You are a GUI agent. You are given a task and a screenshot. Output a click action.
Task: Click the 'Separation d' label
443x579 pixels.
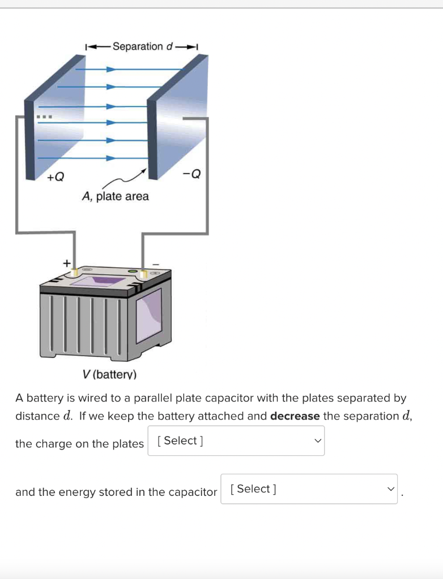pos(142,46)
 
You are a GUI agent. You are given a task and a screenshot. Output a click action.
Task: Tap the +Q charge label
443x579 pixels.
pos(56,177)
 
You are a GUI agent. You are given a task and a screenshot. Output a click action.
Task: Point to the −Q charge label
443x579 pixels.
pos(192,174)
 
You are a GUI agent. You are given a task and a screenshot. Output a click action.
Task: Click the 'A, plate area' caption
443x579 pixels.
pos(116,197)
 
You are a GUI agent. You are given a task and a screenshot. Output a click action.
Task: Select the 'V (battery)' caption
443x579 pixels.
pos(109,374)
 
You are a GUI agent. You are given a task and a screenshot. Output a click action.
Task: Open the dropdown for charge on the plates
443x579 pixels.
pos(236,441)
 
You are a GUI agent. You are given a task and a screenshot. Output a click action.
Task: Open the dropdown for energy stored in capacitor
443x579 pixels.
pos(309,489)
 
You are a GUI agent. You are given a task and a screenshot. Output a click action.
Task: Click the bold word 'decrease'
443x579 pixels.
pos(295,416)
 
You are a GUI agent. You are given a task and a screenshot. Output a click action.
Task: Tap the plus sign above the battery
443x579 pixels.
pos(66,263)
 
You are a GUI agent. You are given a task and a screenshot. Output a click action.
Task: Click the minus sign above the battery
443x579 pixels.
pos(157,263)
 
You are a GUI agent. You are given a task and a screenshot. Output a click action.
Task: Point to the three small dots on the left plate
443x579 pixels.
pos(44,118)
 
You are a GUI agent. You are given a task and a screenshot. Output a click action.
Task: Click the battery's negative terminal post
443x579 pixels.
pos(143,274)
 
